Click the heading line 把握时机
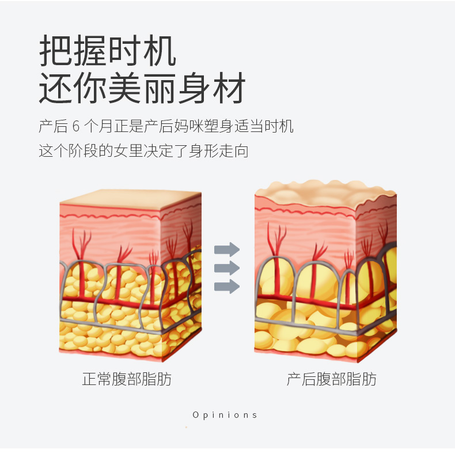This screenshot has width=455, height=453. (x=108, y=51)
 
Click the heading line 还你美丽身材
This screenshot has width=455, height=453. (x=142, y=88)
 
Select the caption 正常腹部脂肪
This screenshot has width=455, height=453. (x=127, y=379)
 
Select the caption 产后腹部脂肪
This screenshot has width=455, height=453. (x=332, y=379)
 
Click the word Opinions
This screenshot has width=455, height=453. (x=225, y=415)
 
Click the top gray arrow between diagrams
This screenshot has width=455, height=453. (x=227, y=249)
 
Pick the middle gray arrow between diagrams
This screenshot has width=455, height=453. (x=227, y=267)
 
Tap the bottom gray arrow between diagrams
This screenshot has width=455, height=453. (x=227, y=286)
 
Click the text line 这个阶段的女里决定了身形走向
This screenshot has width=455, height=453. (x=143, y=152)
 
